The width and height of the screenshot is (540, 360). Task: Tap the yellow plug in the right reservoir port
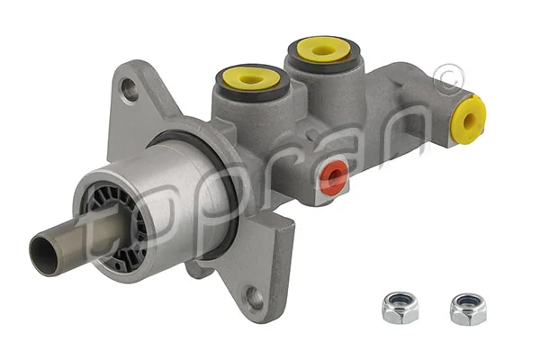click(x=322, y=49)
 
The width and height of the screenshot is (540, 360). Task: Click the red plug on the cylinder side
click(x=334, y=177)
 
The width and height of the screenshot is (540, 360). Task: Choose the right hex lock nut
click(x=467, y=308)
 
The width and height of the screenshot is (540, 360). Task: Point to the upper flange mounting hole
click(x=130, y=89)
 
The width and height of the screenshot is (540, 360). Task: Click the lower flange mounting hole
click(x=255, y=298)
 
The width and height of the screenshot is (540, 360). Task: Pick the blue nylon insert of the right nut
click(x=467, y=301)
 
